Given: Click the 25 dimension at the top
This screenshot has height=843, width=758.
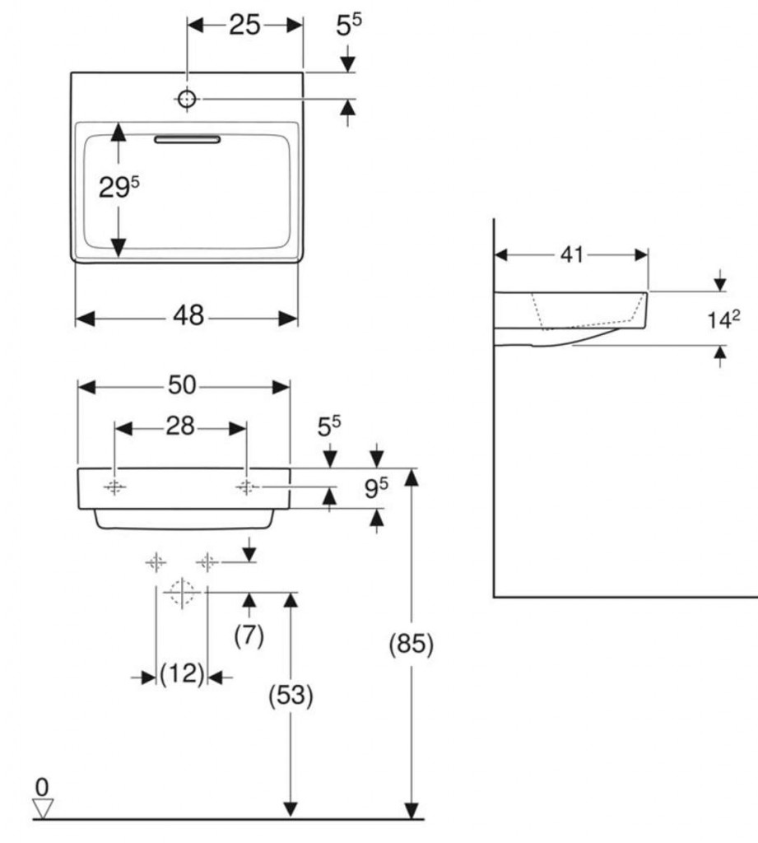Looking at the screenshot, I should coord(244,26).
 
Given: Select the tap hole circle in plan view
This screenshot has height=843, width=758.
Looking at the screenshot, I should coord(188,99).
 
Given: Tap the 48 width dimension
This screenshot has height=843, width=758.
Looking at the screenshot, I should coord(188,316).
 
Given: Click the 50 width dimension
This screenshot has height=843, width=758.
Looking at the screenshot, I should coord(183,385).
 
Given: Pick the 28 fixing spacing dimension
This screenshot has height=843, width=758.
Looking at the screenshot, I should coord(180,426).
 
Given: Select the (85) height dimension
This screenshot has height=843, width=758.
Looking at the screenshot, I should coord(411,644).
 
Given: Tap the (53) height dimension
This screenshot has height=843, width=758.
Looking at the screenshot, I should coord(291,696).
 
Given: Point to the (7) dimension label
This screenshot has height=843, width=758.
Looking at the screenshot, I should coord(249,636).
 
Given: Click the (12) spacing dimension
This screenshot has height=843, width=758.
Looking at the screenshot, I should coord(181,675).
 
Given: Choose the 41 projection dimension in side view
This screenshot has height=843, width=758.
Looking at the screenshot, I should coord(571,254).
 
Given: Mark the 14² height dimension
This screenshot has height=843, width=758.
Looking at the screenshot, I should coord(723,319).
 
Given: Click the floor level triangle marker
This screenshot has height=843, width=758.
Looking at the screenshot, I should coord(44,808).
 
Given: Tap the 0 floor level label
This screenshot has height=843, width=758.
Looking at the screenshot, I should coord(42,787).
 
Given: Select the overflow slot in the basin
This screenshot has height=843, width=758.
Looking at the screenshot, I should coord(188,140).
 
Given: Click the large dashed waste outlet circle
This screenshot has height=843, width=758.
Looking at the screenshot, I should coord(181,591).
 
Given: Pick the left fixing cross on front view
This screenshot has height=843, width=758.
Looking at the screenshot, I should coord(114,487).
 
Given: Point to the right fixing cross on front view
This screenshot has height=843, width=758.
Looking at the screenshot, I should coord(246,487).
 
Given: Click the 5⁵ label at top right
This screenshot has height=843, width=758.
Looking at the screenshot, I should coord(348,26).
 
